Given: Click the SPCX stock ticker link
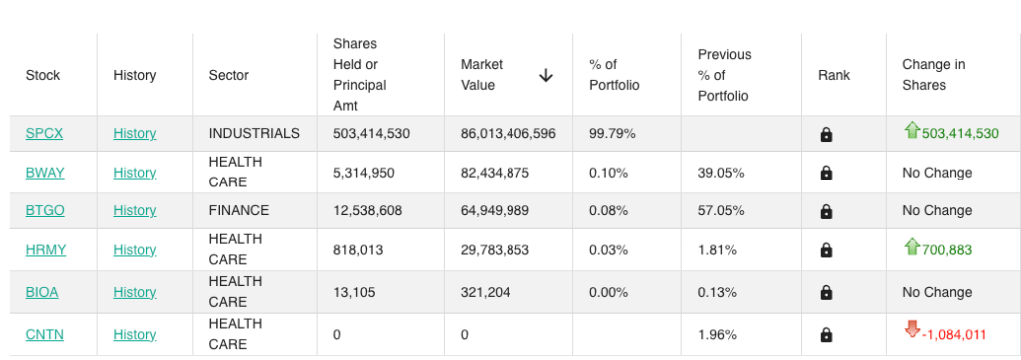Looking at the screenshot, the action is [x=44, y=134].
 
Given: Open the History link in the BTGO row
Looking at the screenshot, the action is [x=135, y=211].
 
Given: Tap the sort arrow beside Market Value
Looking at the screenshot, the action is [x=546, y=76].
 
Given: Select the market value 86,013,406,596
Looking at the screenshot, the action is [x=508, y=134].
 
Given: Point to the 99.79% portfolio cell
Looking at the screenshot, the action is [x=613, y=134].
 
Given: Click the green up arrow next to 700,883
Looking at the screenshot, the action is [x=911, y=246].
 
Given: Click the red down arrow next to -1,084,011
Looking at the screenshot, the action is [x=911, y=330].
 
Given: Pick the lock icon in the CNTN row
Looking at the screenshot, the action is [x=826, y=335].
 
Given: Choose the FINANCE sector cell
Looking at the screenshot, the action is [x=239, y=211].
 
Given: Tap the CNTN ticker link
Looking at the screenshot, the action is [x=44, y=335].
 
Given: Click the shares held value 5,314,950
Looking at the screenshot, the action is [x=363, y=173].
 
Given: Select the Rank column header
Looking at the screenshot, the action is [x=834, y=75].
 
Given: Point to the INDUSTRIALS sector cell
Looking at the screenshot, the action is [x=254, y=134].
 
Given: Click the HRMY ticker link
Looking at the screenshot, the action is [x=46, y=250].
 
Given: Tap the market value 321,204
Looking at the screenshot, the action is [x=486, y=292].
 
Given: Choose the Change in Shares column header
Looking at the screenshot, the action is [x=933, y=75].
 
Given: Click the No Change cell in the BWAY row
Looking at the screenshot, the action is [x=937, y=173].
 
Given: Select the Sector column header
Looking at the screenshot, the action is [x=228, y=75].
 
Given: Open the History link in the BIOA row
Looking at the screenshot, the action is [x=135, y=292].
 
